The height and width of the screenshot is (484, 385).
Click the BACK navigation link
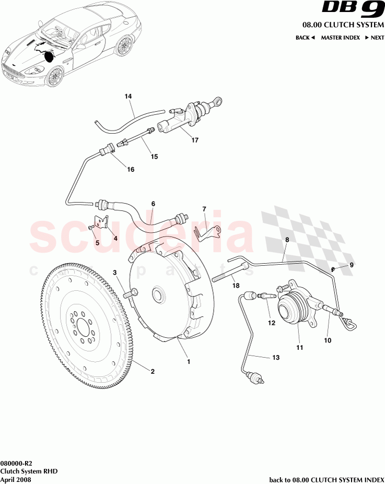pos(305,38)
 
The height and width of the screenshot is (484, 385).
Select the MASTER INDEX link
pos(340,38)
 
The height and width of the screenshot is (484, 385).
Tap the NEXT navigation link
pos(375,38)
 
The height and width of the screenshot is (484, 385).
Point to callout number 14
pos(129,97)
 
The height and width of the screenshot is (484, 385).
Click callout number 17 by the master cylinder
pos(195,140)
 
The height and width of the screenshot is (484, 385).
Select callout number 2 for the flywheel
pos(153,372)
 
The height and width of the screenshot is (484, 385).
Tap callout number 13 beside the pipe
pos(276,358)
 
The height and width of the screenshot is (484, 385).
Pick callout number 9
pos(352,265)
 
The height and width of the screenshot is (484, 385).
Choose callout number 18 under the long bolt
pos(236,286)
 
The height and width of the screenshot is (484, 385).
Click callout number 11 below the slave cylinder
pos(300,347)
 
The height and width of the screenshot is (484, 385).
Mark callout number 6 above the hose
pos(154,204)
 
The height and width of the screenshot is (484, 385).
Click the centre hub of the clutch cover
pos(156,295)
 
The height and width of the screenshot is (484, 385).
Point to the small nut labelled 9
pos(333,269)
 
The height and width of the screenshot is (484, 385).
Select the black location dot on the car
pos(50,56)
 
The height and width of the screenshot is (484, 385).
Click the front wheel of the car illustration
pos(53,77)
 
